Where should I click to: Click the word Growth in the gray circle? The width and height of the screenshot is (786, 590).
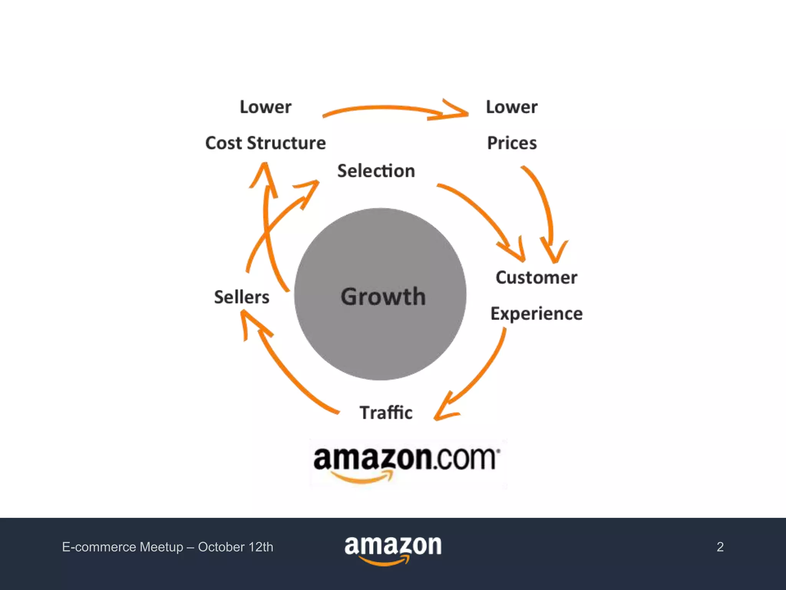coord(383,297)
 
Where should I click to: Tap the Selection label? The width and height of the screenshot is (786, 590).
coord(376,171)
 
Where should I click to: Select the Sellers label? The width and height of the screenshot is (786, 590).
coord(241,297)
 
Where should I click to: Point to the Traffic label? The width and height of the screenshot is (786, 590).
coord(386,413)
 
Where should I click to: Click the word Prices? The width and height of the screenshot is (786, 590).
coord(512,143)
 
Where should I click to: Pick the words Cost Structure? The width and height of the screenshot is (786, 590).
coord(266,143)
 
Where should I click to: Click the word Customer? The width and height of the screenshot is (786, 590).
coord(536,277)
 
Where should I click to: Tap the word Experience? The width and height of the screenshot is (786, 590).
coord(537,314)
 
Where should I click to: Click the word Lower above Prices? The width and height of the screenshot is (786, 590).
coord(512,107)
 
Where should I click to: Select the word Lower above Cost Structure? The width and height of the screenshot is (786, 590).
coord(266,107)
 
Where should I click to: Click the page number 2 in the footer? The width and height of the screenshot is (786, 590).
coord(720,547)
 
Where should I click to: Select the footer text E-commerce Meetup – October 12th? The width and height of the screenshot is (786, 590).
coord(168,547)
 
